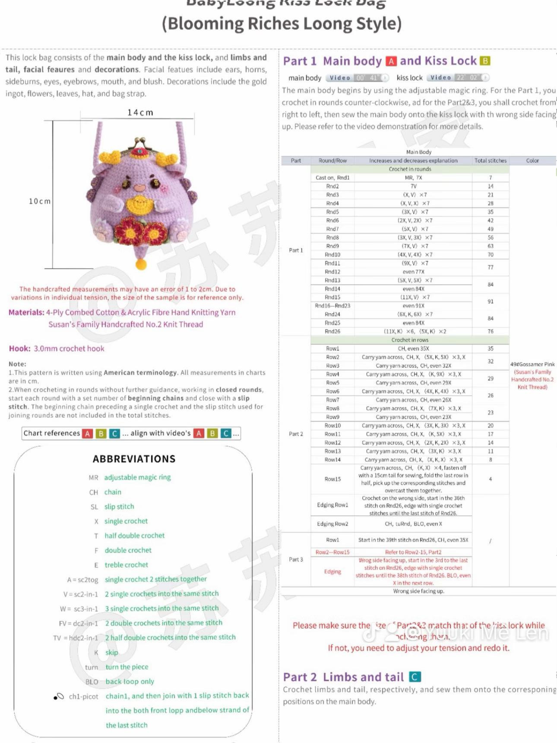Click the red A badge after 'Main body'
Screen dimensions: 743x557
point(391,61)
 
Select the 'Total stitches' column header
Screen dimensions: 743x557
point(491,161)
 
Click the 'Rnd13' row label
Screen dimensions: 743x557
point(332,280)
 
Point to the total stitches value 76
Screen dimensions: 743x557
point(491,331)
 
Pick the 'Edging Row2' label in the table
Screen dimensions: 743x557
point(332,524)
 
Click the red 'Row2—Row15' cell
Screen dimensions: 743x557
point(332,552)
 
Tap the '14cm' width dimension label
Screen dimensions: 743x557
point(140,113)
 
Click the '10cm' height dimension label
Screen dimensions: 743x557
point(40,201)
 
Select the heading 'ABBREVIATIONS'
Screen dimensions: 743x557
point(134,459)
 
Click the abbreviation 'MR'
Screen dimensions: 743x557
point(93,478)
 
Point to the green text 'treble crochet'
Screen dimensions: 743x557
point(127,565)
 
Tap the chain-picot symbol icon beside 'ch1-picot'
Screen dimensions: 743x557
point(59,696)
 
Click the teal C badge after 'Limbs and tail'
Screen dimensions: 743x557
point(415,677)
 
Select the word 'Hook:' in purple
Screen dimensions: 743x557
point(20,349)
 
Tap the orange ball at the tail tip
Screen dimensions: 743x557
point(141,264)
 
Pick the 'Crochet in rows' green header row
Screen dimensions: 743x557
point(410,340)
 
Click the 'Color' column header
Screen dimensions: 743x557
point(532,161)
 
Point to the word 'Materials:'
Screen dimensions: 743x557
point(26,312)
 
